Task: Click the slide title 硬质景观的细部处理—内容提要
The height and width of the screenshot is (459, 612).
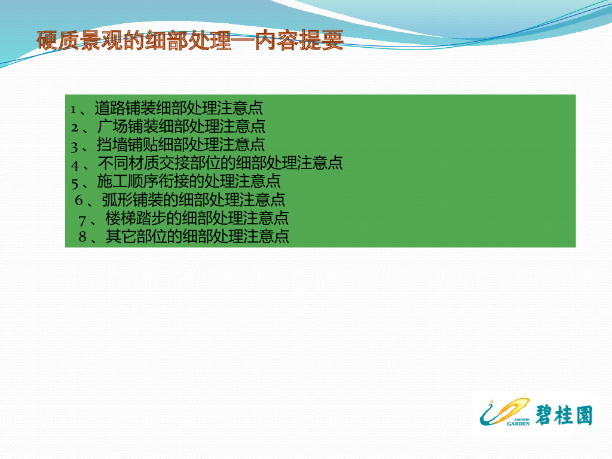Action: (190, 40)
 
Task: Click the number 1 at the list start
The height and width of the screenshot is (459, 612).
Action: (73, 110)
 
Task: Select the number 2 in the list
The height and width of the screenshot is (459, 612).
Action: (74, 128)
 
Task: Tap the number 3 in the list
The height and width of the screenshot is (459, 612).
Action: (74, 147)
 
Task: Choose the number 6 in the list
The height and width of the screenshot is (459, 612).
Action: (79, 200)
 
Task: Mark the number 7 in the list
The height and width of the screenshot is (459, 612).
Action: (82, 221)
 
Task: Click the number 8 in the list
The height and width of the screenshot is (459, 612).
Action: (82, 237)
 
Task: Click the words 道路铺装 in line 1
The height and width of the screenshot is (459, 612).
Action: (125, 108)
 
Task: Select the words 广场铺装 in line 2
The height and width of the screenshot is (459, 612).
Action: (128, 127)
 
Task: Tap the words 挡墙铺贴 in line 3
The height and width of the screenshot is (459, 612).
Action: (127, 145)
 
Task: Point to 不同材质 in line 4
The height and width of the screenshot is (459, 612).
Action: (128, 163)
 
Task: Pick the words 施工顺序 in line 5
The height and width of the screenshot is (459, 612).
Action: (128, 182)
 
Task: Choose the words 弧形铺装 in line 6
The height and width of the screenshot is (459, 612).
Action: (132, 200)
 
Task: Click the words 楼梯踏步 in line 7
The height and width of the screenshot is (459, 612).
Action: (136, 218)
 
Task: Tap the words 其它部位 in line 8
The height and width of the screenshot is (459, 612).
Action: (136, 237)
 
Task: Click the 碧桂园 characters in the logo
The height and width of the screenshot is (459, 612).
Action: (564, 415)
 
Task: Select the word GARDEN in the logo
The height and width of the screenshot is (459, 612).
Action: (518, 424)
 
